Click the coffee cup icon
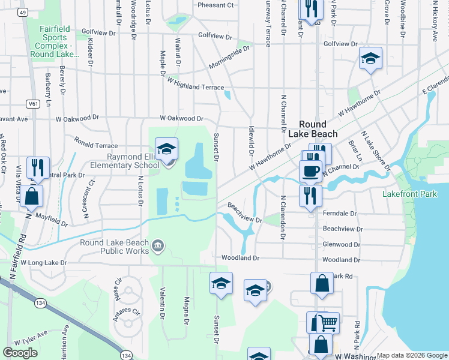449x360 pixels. (x=310, y=171)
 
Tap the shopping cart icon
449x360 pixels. (x=328, y=323)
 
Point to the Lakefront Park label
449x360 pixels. (x=410, y=194)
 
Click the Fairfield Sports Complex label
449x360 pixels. (x=55, y=41)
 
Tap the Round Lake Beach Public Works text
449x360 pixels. (x=114, y=247)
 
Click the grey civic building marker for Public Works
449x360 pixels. (x=158, y=245)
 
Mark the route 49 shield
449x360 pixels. (x=22, y=12)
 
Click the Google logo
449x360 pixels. (x=20, y=353)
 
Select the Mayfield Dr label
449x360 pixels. (x=52, y=219)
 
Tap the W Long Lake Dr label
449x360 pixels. (x=43, y=263)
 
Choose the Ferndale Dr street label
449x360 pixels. (x=339, y=214)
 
